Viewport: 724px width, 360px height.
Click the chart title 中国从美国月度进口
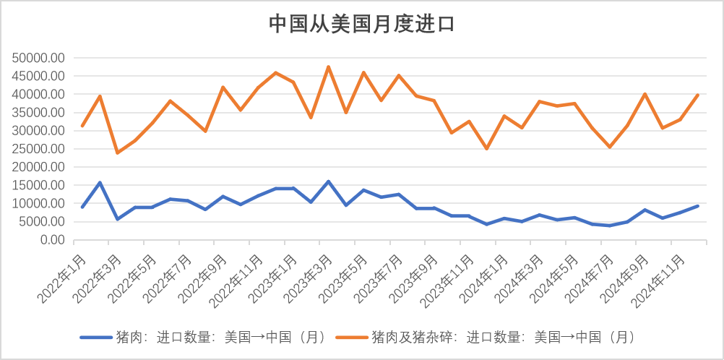pyautogui.click(x=361, y=24)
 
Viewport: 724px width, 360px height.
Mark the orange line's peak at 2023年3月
pyautogui.click(x=328, y=67)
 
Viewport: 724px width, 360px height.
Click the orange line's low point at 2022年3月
pyautogui.click(x=117, y=153)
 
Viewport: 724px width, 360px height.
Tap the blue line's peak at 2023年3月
pyautogui.click(x=328, y=181)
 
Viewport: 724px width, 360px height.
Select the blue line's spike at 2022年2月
pyautogui.click(x=100, y=182)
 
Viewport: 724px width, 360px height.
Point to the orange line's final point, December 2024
pyautogui.click(x=697, y=95)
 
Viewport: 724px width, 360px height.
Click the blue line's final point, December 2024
pyautogui.click(x=697, y=206)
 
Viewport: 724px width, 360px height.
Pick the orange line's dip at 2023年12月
pyautogui.click(x=486, y=148)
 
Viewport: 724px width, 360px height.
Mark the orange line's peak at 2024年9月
pyautogui.click(x=645, y=94)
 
